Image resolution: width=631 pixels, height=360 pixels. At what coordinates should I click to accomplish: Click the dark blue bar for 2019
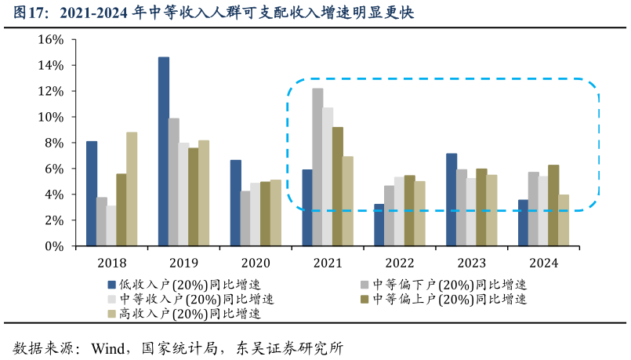[164, 151]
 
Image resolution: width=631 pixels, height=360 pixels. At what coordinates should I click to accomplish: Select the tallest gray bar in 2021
[317, 167]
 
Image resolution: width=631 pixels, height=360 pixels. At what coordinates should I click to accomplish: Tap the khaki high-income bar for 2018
[132, 189]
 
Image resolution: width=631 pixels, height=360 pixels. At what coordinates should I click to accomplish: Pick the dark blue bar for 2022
[379, 225]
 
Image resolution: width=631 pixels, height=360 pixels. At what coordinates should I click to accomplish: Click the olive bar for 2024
[553, 205]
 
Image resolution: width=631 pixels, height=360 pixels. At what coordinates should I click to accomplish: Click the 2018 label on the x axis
[111, 264]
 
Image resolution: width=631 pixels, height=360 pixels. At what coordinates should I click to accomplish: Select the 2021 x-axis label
[328, 264]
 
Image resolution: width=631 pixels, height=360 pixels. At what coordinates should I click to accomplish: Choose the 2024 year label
[543, 264]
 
